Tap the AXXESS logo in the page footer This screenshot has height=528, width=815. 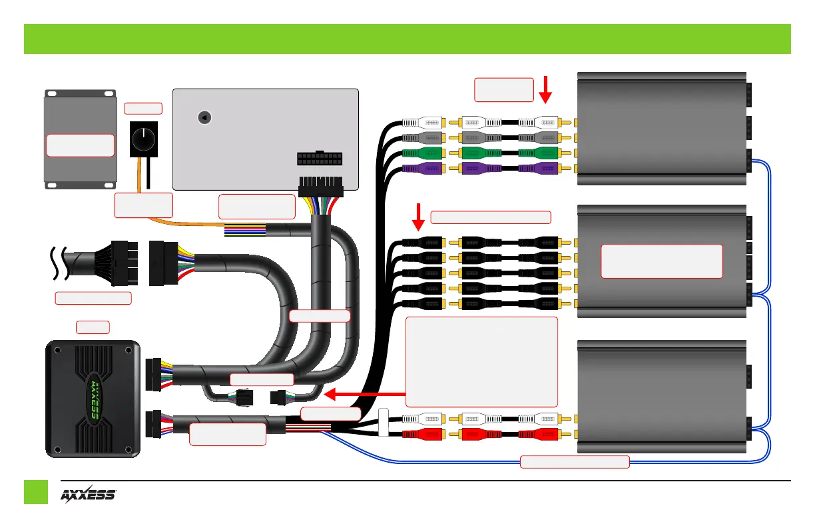[x=89, y=495]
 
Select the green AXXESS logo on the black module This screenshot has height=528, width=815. [x=93, y=399]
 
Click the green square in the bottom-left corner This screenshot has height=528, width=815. [x=36, y=492]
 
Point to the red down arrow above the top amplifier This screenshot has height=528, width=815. [x=546, y=89]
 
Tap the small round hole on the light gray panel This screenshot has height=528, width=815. [x=205, y=117]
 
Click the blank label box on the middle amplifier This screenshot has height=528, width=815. [x=661, y=261]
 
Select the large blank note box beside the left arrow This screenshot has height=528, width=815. [x=481, y=361]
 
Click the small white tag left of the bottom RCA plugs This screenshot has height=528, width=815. [x=383, y=423]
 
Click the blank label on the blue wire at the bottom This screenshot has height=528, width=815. [x=574, y=461]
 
